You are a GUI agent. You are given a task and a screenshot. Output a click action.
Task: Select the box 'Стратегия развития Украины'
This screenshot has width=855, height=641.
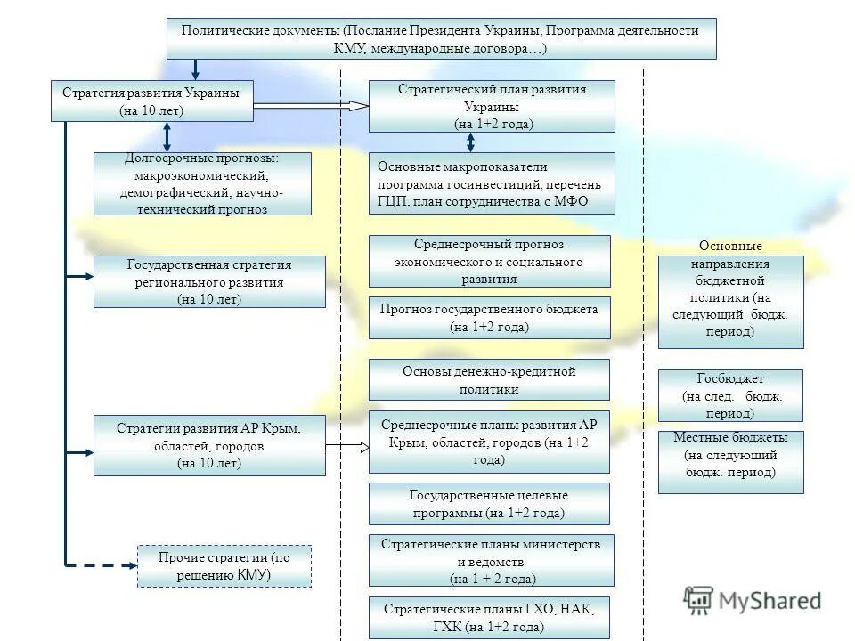[151, 101]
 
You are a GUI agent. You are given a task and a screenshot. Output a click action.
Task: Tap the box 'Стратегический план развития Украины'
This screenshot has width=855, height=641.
[492, 106]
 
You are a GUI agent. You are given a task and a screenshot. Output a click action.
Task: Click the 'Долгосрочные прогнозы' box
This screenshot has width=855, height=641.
[203, 183]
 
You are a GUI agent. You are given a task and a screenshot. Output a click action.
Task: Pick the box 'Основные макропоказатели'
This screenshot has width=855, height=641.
[492, 184]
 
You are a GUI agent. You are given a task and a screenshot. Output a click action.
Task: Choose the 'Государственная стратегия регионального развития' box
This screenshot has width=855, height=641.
[209, 281]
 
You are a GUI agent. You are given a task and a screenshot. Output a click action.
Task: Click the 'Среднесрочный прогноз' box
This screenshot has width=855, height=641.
[489, 261]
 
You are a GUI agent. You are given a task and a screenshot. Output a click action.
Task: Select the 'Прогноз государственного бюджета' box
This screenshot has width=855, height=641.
[489, 318]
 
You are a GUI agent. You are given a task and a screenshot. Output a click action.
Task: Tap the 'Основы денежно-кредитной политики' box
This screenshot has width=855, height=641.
[489, 379]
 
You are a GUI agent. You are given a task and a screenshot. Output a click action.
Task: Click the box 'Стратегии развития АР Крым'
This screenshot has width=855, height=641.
[209, 445]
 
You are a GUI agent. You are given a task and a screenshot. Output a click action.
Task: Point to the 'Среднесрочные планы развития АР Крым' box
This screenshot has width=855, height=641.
[489, 442]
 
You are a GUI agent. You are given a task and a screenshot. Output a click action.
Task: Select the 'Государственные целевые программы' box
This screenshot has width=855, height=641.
[489, 504]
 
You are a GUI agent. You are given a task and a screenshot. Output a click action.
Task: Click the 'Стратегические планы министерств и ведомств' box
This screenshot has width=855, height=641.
[491, 560]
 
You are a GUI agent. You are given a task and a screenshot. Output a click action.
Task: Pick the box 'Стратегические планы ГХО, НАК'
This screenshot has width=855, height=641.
[489, 618]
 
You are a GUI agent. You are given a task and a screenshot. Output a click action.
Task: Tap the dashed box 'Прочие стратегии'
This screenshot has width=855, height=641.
[224, 566]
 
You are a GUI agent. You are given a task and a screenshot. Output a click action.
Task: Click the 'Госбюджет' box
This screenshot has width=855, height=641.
[730, 395]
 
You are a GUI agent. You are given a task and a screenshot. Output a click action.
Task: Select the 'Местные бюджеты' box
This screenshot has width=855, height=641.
[730, 461]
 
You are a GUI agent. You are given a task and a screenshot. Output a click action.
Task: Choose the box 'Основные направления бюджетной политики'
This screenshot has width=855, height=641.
[730, 301]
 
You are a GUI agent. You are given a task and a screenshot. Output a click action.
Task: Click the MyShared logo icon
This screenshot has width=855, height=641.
[698, 602]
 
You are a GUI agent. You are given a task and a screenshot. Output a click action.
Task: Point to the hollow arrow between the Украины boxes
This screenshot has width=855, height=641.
[312, 106]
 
